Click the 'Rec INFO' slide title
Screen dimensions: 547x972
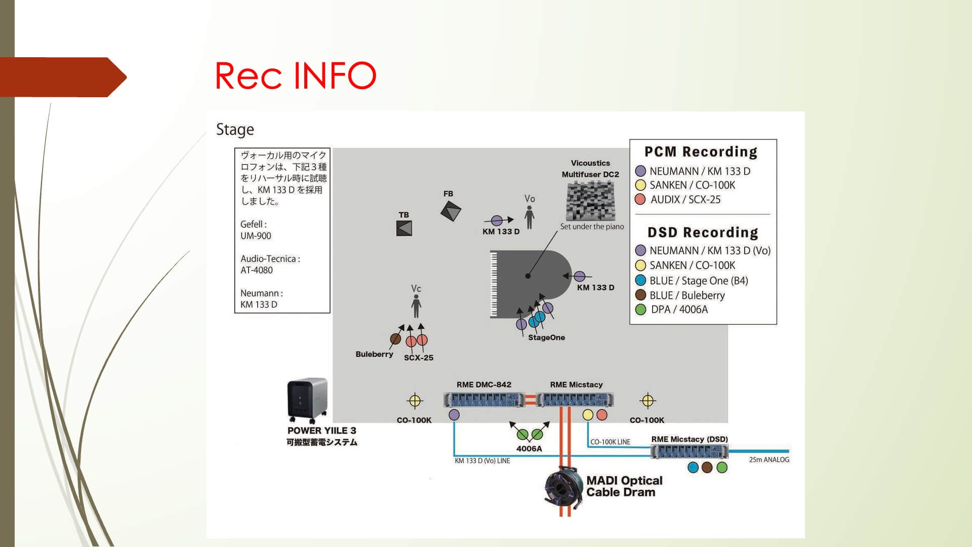point(296,75)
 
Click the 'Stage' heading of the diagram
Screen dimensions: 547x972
point(235,130)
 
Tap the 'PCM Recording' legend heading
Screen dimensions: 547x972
point(701,152)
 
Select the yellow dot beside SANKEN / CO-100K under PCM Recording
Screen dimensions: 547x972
point(640,185)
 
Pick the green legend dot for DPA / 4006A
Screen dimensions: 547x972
point(640,309)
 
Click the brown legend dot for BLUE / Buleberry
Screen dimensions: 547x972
point(640,295)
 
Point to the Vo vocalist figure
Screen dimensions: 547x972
point(530,217)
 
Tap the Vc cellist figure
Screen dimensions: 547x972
point(416,306)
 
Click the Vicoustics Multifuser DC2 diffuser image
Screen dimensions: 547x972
point(590,201)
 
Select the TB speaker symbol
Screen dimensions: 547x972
point(404,228)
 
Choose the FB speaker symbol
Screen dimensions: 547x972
point(451,211)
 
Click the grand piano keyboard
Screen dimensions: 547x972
point(494,284)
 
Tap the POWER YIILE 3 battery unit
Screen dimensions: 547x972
point(307,400)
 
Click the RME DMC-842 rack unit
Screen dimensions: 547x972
point(484,400)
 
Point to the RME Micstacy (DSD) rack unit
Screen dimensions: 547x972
point(690,451)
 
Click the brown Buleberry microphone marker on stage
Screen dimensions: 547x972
point(395,339)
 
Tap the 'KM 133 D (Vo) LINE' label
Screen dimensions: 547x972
point(482,461)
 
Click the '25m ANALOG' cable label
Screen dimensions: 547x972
point(769,460)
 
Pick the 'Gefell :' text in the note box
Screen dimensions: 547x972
point(253,224)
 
